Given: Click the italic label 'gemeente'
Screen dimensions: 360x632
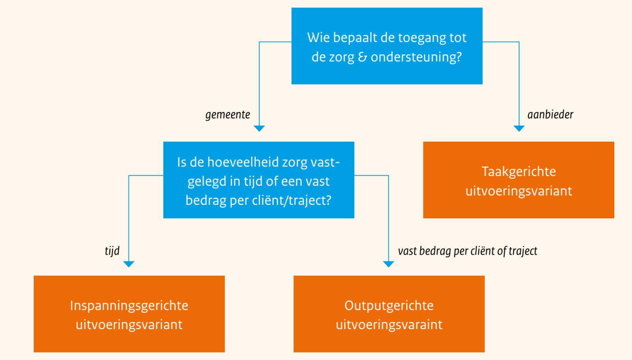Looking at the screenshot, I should coord(228,115).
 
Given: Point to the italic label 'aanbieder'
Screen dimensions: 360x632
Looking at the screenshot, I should coord(550,115).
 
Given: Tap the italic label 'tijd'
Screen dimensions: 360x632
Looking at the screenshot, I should coord(112,251).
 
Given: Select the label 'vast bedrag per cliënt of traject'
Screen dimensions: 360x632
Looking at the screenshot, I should coord(467,251).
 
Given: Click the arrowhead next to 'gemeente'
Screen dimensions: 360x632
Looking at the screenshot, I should coord(259,128).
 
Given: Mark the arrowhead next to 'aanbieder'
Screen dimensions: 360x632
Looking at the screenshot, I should coord(519,128).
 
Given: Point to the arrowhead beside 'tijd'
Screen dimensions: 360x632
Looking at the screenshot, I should coord(129,264).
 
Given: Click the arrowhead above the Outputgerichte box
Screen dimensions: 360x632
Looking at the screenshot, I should coord(389,264).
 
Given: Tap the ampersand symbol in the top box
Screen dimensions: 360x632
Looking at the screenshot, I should coord(362,57).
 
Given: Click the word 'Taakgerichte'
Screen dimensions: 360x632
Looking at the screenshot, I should coord(519,172).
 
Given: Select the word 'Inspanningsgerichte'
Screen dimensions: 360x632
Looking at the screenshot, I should coord(129,306).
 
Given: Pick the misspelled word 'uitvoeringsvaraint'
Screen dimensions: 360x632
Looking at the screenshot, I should coord(389,325).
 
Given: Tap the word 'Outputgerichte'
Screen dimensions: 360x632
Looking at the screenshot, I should coord(389,306).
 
